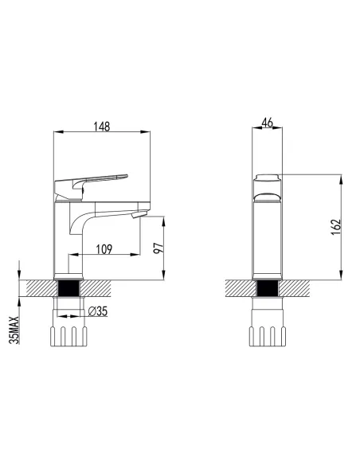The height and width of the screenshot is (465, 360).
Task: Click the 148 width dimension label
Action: pos(102,127)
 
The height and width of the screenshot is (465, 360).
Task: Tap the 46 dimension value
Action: pos(267,123)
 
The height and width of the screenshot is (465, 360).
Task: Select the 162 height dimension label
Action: pos(335,227)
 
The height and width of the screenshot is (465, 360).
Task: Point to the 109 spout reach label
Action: pos(104,249)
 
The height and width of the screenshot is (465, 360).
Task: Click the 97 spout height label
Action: pos(158,248)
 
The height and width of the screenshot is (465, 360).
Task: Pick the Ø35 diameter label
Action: pos(98,311)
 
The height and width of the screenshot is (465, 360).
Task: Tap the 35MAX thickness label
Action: pos(14,330)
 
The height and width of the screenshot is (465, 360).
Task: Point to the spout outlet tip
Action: pos(139,214)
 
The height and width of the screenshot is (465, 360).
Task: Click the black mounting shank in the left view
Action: pos(68,288)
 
